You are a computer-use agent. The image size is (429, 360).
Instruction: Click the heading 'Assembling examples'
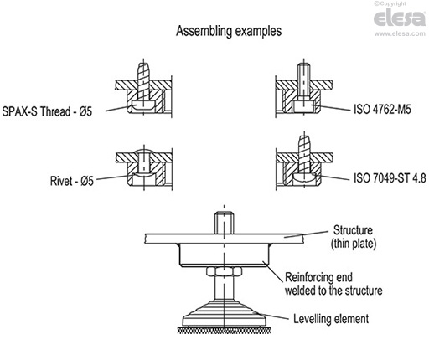(227, 31)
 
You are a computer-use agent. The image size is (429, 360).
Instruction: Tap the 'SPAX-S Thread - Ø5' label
(52, 111)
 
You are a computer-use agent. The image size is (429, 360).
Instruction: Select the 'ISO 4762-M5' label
(375, 109)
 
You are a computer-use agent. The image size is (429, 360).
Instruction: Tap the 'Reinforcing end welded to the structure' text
(333, 284)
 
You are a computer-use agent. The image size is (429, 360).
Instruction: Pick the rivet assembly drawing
(144, 167)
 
